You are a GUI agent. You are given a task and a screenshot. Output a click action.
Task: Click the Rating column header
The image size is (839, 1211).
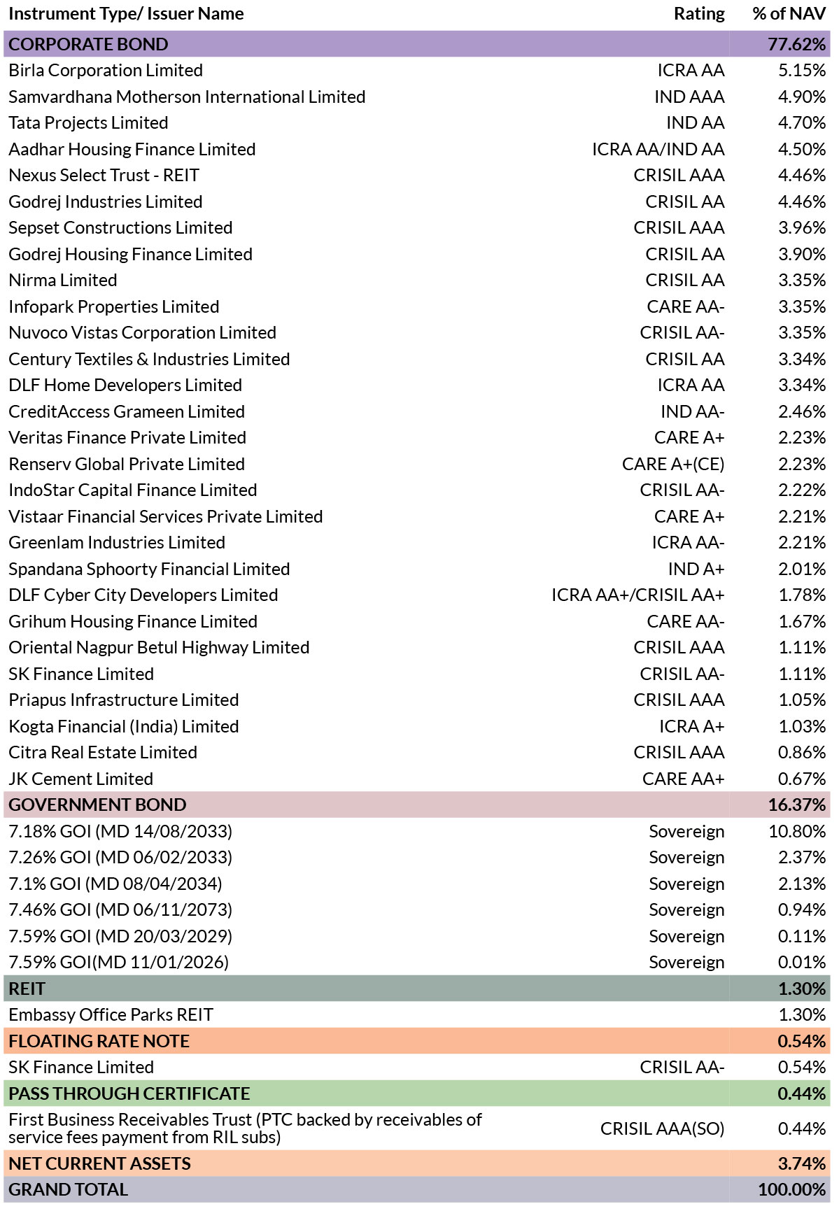699,14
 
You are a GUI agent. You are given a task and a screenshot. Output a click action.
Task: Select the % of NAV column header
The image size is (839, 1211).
789,14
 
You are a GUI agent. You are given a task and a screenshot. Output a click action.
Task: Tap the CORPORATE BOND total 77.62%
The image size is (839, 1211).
797,44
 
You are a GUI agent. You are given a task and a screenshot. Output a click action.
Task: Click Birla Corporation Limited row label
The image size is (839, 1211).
106,71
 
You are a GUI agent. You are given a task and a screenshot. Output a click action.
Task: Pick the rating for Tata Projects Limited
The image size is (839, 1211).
695,123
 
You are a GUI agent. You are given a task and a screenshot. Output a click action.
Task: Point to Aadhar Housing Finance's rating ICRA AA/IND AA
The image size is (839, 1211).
658,149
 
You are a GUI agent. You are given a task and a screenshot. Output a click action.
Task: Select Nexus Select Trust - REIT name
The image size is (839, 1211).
104,176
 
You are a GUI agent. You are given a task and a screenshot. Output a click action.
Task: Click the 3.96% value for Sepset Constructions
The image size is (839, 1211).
802,228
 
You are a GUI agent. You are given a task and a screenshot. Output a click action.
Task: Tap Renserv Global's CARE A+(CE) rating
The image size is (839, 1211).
673,465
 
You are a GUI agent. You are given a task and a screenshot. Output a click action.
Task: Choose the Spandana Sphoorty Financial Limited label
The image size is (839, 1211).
149,569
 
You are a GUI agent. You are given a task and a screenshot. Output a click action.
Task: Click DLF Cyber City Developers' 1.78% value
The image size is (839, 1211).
803,595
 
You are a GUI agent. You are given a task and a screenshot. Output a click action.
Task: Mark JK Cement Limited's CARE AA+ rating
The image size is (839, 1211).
684,779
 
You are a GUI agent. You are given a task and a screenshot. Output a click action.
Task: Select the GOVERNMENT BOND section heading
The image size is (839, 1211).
97,805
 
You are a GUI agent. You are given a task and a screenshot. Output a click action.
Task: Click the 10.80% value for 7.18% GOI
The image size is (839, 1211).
797,831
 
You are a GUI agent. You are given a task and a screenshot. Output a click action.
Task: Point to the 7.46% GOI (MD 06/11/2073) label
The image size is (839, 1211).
120,910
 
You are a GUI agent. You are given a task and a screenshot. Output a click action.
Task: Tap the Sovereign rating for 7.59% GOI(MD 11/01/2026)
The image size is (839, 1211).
686,963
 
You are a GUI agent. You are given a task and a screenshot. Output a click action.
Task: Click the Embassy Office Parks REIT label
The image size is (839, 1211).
111,1015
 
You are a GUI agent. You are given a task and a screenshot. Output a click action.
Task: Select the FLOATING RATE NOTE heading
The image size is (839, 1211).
99,1041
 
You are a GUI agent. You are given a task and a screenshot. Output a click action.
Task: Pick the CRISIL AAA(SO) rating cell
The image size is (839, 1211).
663,1128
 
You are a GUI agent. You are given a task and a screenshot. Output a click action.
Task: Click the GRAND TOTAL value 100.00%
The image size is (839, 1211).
792,1190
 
